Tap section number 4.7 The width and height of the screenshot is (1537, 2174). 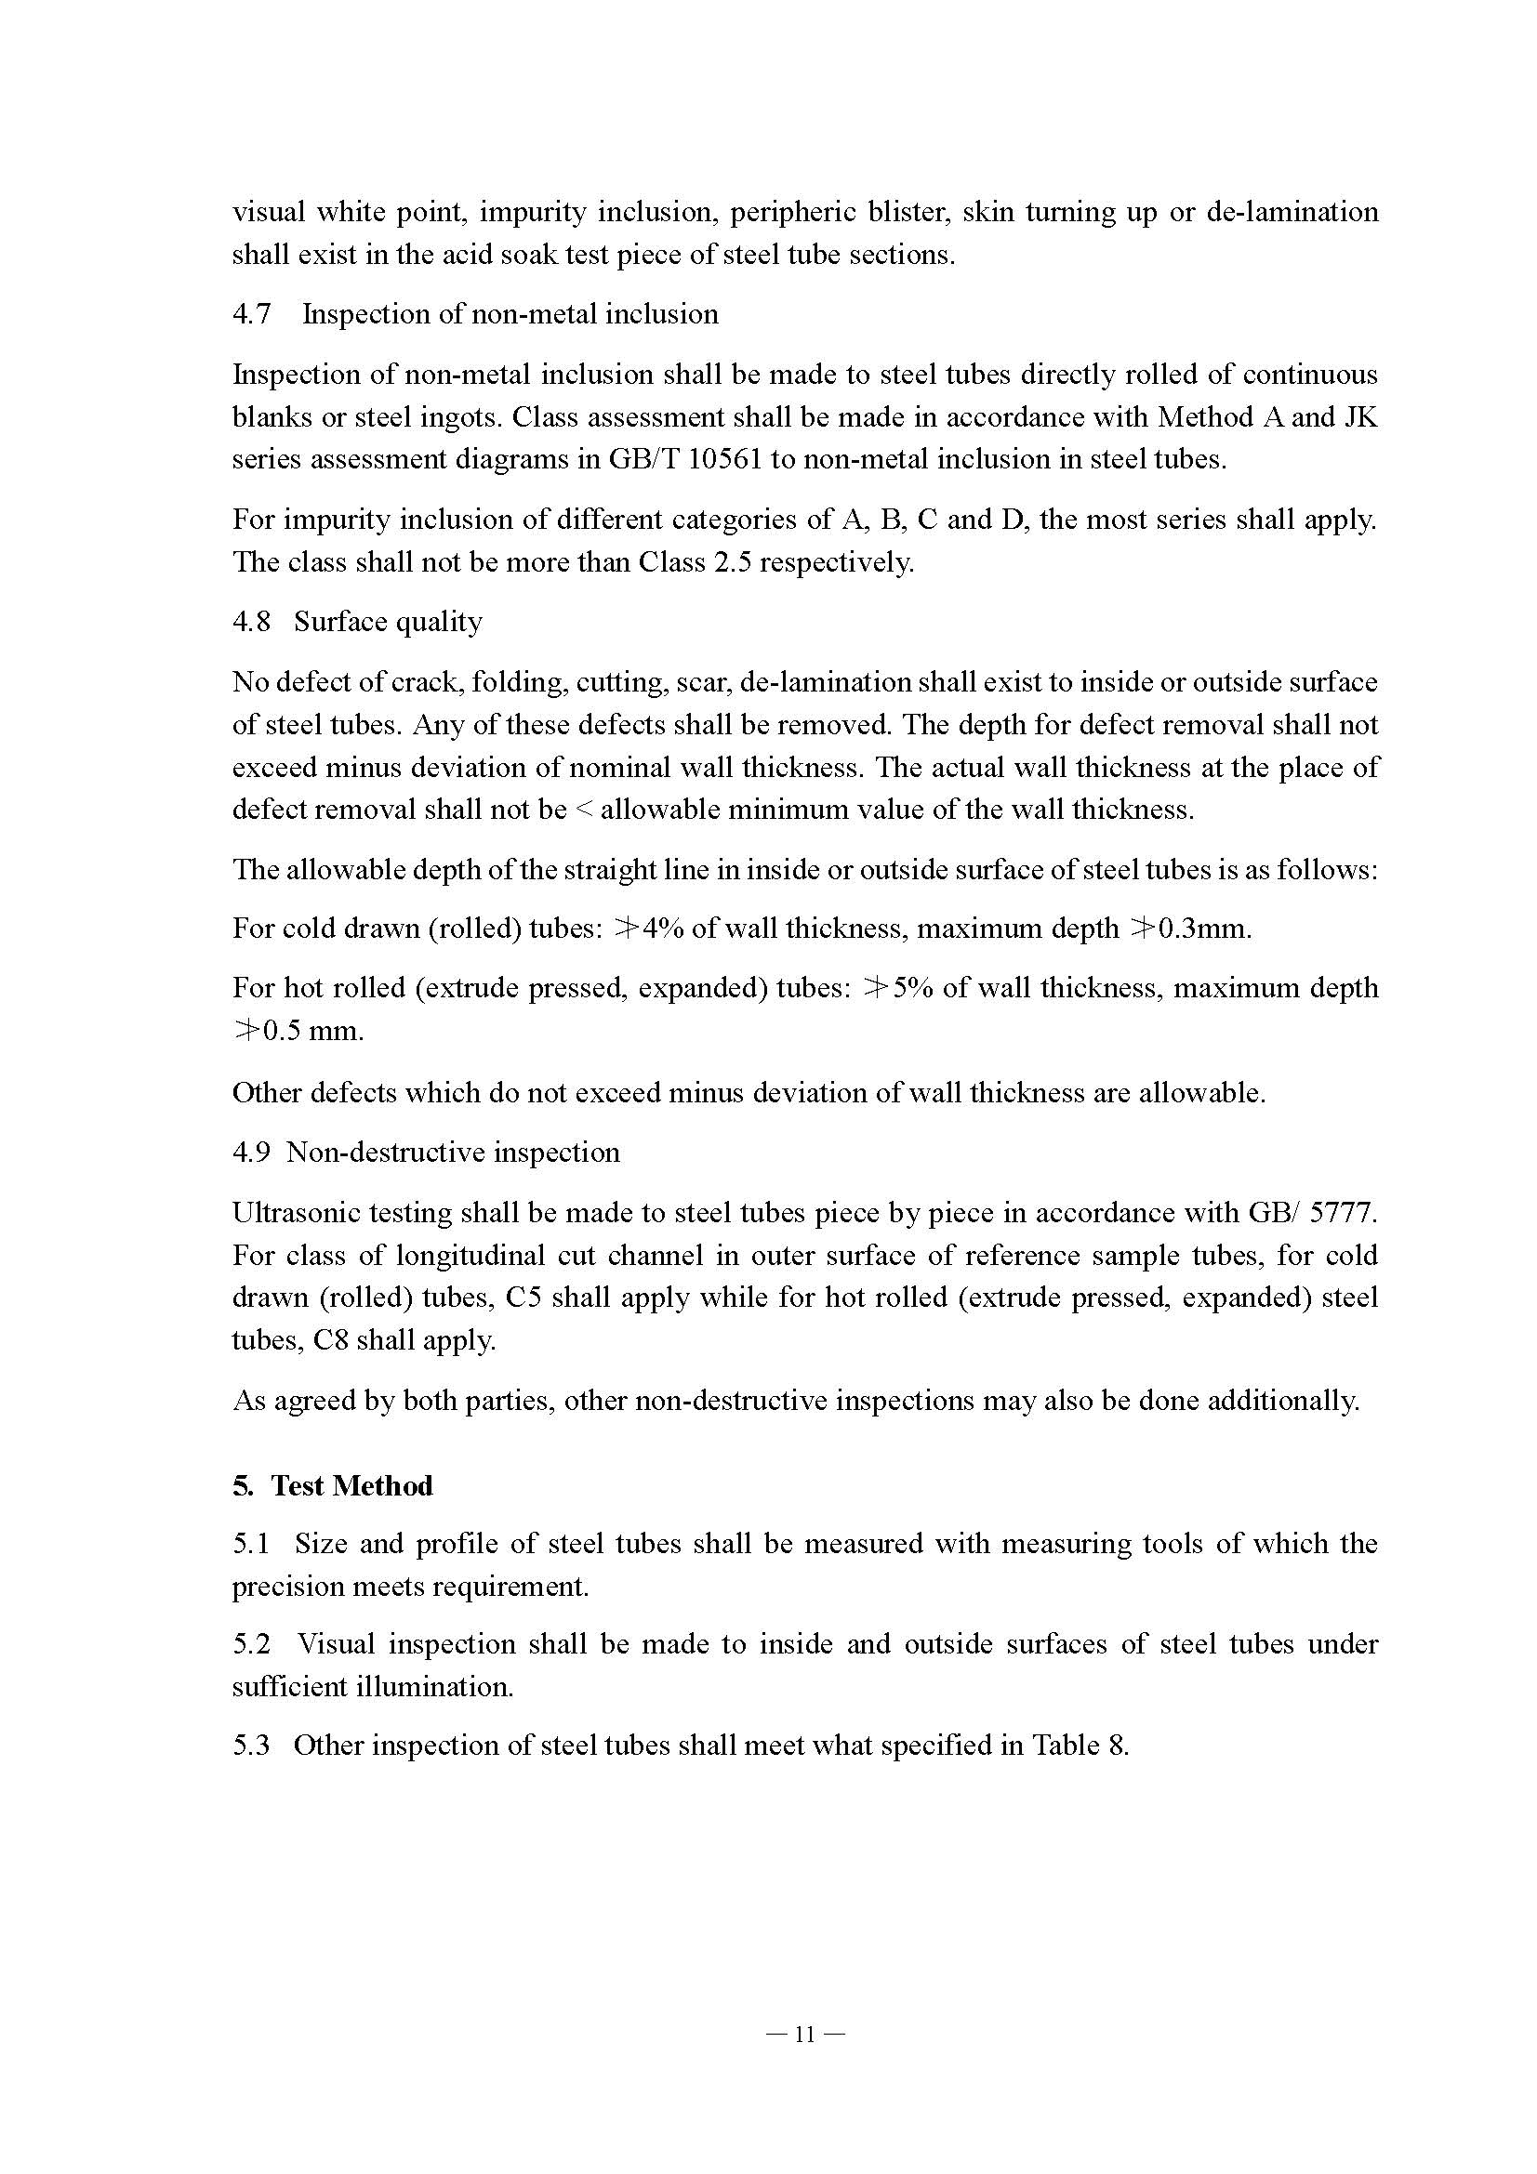tap(250, 314)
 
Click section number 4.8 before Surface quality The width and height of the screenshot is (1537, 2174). tap(250, 622)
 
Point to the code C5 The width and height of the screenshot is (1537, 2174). tap(523, 1298)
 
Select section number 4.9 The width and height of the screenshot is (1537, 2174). tap(250, 1153)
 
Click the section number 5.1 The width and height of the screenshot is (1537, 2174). tap(250, 1545)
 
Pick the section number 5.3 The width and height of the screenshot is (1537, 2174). tap(250, 1746)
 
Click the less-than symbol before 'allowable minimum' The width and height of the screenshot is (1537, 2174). tap(582, 810)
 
